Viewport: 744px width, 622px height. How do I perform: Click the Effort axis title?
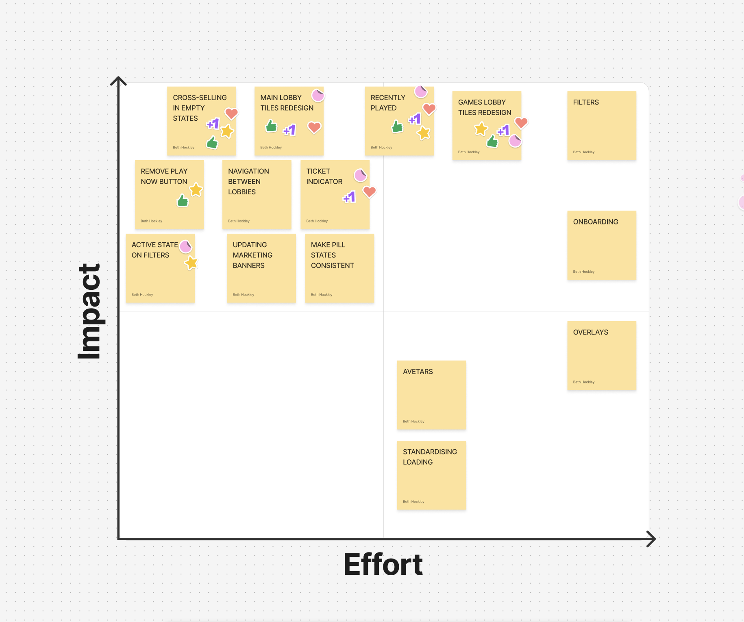(x=383, y=565)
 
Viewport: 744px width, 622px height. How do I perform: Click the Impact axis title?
(x=90, y=311)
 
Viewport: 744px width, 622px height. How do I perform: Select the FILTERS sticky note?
(x=601, y=126)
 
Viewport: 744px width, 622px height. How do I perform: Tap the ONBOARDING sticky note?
(x=601, y=245)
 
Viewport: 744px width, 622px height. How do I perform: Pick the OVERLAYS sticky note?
(x=601, y=356)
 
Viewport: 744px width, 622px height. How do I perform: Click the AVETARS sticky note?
(x=431, y=395)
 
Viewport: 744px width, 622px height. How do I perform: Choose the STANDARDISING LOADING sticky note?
(x=431, y=475)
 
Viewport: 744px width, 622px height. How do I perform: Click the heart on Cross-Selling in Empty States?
(x=231, y=113)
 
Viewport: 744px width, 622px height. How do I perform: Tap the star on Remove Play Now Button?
(x=196, y=189)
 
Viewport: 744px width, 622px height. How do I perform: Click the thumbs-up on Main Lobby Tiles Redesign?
(x=271, y=126)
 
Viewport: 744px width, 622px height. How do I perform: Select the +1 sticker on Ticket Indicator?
(x=350, y=197)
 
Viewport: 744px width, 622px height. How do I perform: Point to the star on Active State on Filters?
(x=191, y=263)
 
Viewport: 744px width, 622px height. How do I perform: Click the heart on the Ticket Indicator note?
(x=369, y=191)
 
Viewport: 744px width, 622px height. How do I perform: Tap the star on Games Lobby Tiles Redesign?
(x=481, y=129)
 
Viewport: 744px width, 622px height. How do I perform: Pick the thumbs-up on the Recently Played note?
(x=397, y=127)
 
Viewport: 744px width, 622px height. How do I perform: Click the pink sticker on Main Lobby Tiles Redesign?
(x=318, y=96)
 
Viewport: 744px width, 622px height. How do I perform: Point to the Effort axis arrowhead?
(x=651, y=539)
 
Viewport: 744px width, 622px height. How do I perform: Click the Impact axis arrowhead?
(x=118, y=80)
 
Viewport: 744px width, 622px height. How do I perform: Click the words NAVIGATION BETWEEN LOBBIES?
(x=248, y=181)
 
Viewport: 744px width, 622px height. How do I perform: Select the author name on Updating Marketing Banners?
(x=243, y=295)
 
